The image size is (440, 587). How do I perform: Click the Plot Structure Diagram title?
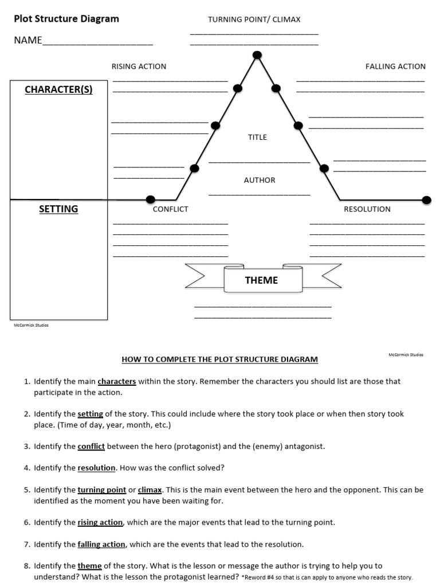(x=66, y=19)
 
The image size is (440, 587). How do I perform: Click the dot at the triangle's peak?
(x=257, y=55)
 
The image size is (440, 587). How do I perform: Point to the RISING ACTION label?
(x=139, y=66)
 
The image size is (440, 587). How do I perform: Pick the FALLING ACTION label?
(x=395, y=66)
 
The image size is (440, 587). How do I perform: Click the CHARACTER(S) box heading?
(x=58, y=89)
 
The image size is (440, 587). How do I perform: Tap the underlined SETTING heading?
(x=58, y=209)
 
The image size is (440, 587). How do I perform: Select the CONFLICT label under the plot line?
(x=170, y=209)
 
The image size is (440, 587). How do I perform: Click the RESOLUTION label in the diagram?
(x=367, y=209)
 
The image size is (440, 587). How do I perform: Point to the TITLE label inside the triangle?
(x=257, y=138)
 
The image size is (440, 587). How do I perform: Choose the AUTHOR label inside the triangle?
(x=260, y=180)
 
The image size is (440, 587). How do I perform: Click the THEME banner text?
(x=261, y=280)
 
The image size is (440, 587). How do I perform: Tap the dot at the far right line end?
(x=426, y=199)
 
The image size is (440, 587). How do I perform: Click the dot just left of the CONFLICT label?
(x=151, y=199)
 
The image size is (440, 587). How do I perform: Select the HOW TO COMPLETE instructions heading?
(x=219, y=360)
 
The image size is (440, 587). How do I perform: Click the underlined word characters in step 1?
(x=117, y=381)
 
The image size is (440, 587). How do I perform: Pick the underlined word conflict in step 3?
(x=91, y=446)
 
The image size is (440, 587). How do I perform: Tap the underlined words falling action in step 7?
(x=101, y=544)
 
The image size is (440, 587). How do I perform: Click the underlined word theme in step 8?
(x=89, y=566)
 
